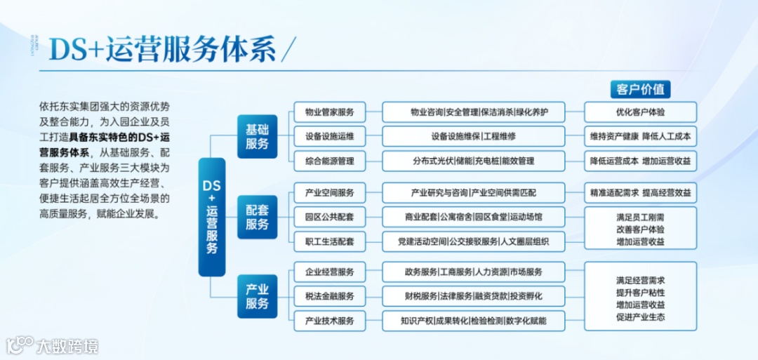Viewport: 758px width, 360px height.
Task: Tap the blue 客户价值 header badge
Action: pyautogui.click(x=640, y=89)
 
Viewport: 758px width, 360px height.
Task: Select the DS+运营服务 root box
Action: pyautogui.click(x=211, y=217)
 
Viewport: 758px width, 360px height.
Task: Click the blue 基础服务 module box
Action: pyautogui.click(x=257, y=137)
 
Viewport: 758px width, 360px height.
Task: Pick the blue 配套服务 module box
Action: pyautogui.click(x=257, y=218)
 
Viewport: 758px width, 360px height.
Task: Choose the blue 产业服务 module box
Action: pyautogui.click(x=257, y=296)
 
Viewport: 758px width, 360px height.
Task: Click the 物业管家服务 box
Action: pyautogui.click(x=329, y=112)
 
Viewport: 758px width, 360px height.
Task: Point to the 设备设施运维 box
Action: pyautogui.click(x=329, y=136)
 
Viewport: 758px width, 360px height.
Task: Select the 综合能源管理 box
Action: pyautogui.click(x=329, y=161)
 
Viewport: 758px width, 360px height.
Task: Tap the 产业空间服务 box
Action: pyautogui.click(x=329, y=192)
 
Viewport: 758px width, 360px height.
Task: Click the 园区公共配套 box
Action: pyautogui.click(x=329, y=217)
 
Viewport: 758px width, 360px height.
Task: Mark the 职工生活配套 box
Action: pyautogui.click(x=329, y=241)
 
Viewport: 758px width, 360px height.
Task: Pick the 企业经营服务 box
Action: pyautogui.click(x=329, y=272)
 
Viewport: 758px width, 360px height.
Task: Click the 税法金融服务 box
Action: pyautogui.click(x=329, y=296)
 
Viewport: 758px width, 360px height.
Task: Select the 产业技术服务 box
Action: pyautogui.click(x=329, y=321)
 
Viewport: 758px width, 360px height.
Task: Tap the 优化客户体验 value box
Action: pyautogui.click(x=640, y=112)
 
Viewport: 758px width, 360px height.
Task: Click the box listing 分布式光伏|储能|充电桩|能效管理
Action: pyautogui.click(x=474, y=161)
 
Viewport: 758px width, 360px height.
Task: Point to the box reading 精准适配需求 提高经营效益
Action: pyautogui.click(x=640, y=192)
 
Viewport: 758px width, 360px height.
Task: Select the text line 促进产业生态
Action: pyautogui.click(x=640, y=317)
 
